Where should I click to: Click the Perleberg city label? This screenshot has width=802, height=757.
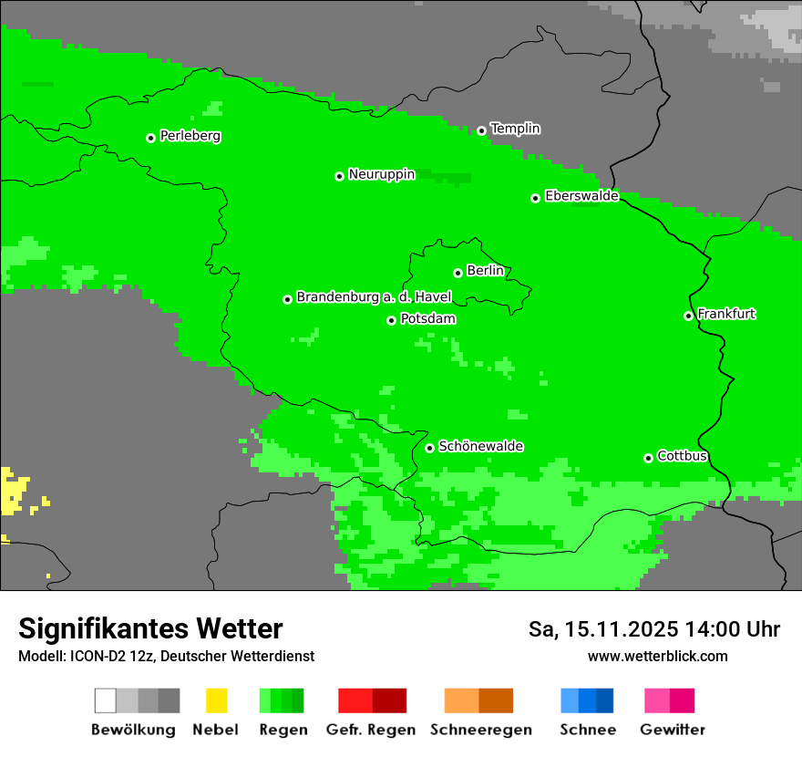[190, 136]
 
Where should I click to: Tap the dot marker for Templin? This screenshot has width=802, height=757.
[481, 130]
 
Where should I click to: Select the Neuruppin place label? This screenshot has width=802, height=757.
[381, 174]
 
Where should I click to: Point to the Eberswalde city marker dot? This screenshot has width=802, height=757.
[536, 198]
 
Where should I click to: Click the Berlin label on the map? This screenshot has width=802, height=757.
[485, 271]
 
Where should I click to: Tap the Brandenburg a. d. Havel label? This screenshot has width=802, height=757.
[374, 297]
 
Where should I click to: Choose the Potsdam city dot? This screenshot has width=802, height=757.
[392, 320]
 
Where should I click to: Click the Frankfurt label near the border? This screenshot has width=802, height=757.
[726, 314]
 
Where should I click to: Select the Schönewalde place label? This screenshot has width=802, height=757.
[480, 446]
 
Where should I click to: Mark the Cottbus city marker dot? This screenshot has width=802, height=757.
[649, 458]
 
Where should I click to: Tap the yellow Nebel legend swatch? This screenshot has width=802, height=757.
[216, 700]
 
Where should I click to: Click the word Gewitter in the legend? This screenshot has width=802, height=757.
[672, 730]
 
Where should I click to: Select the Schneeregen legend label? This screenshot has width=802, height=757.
[480, 730]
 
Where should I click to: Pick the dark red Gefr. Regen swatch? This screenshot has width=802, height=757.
[389, 700]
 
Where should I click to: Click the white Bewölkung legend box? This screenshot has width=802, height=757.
[106, 700]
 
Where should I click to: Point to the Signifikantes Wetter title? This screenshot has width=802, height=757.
[150, 628]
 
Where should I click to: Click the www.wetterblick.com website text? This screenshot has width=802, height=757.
[657, 656]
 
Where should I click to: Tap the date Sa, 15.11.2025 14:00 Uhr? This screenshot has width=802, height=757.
[653, 629]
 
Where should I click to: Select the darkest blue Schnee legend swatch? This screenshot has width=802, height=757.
[605, 700]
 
